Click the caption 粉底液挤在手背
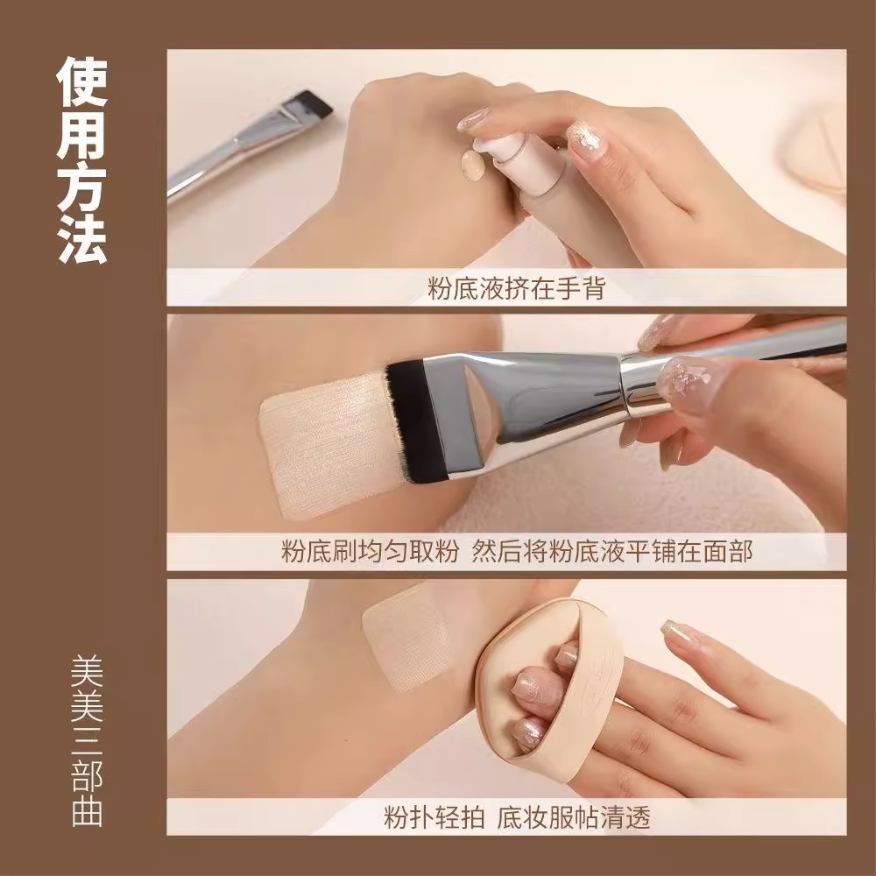(x=516, y=287)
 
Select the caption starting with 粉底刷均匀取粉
(x=517, y=552)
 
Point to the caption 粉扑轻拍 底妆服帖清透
(x=517, y=816)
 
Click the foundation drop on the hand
(x=472, y=164)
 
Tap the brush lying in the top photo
(x=245, y=145)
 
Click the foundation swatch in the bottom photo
(x=407, y=639)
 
